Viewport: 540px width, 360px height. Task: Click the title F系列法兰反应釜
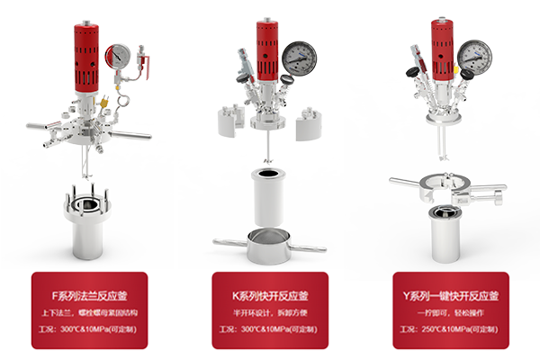coord(89,296)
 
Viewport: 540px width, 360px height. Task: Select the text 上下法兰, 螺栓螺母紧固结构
coord(89,313)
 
